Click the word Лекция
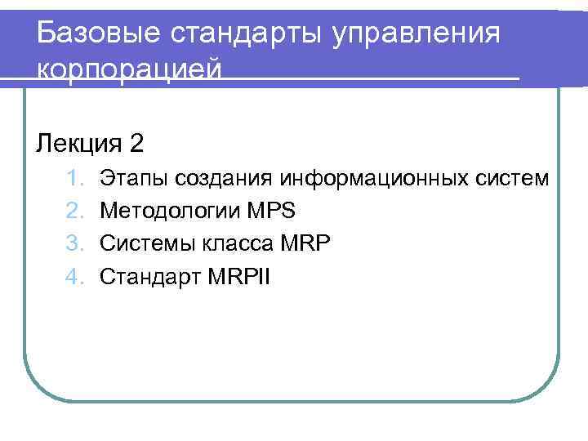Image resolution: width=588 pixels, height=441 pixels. click(78, 145)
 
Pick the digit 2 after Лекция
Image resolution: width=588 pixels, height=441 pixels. click(136, 145)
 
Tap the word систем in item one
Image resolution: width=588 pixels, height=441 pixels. click(513, 176)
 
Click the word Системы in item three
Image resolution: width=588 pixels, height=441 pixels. click(144, 244)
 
